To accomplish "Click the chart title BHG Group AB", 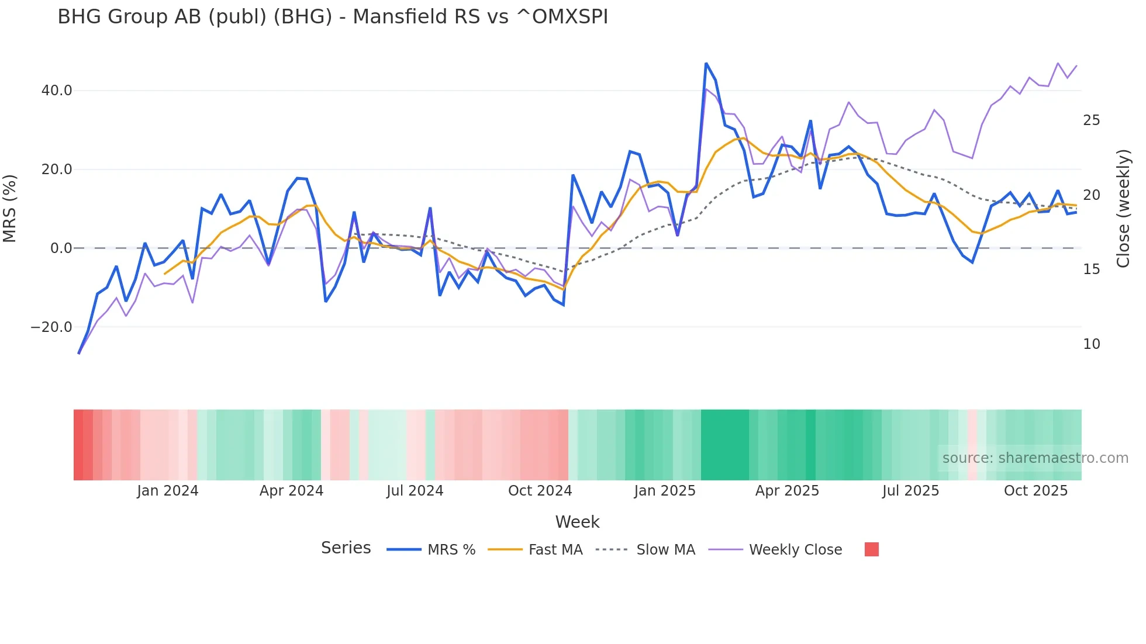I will pyautogui.click(x=332, y=17).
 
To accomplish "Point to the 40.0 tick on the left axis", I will pyautogui.click(x=57, y=91).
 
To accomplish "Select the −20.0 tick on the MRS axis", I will pyautogui.click(x=51, y=327).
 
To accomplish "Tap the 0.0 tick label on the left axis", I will pyautogui.click(x=61, y=248).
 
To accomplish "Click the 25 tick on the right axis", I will pyautogui.click(x=1091, y=120).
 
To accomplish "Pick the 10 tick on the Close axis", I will pyautogui.click(x=1091, y=344).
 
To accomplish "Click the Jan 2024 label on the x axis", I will pyautogui.click(x=168, y=491).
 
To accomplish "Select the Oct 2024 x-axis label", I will pyautogui.click(x=540, y=491).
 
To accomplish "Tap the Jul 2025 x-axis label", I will pyautogui.click(x=910, y=491).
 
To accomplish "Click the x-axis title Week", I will pyautogui.click(x=577, y=522).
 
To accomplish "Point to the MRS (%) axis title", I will pyautogui.click(x=10, y=209).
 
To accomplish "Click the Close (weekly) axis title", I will pyautogui.click(x=1123, y=209).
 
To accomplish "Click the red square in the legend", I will pyautogui.click(x=871, y=549).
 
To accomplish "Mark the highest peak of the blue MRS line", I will pyautogui.click(x=706, y=63).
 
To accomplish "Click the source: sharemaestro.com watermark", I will pyautogui.click(x=1035, y=458).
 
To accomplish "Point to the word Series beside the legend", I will pyautogui.click(x=346, y=548).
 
